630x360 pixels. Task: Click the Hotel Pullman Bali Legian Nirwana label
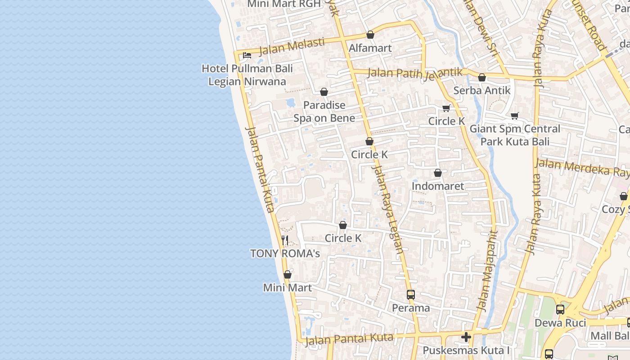coord(247,75)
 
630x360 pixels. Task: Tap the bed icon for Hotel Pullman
coord(247,55)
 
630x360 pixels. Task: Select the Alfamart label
coord(370,48)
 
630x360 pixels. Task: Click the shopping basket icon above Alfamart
coord(370,35)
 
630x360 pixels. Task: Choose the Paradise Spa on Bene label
coord(324,112)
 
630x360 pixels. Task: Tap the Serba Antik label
coord(482,90)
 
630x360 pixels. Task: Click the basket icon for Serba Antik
coord(482,77)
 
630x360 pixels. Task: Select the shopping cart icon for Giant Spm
coord(515,116)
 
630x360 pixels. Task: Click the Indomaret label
coord(438,186)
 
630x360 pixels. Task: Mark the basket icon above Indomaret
coord(438,173)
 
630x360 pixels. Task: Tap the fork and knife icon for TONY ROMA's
coord(285,240)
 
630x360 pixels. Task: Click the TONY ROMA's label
coord(285,253)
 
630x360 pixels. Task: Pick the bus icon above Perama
coord(411,295)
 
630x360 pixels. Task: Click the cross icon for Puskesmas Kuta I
coord(466,337)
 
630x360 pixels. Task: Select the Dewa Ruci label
coord(560,323)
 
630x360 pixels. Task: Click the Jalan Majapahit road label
coord(488,271)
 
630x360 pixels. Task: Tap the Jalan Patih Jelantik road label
coord(415,72)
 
